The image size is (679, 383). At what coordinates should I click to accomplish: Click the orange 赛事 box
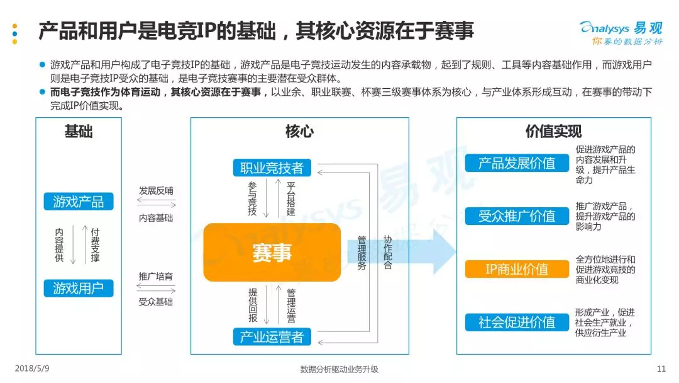pyautogui.click(x=272, y=253)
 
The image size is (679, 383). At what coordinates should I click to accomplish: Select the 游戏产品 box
pyautogui.click(x=79, y=202)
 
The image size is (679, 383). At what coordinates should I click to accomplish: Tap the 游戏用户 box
pyautogui.click(x=79, y=289)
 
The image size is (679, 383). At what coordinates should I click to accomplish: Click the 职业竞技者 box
pyautogui.click(x=272, y=168)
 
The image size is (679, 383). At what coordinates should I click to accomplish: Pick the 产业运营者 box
pyautogui.click(x=272, y=337)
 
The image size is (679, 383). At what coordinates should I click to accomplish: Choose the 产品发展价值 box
pyautogui.click(x=517, y=163)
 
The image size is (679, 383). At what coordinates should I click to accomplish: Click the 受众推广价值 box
pyautogui.click(x=517, y=216)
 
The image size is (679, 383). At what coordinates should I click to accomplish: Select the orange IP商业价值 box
pyautogui.click(x=517, y=269)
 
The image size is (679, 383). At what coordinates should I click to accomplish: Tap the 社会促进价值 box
pyautogui.click(x=517, y=322)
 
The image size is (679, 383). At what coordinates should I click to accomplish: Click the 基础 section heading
pyautogui.click(x=79, y=132)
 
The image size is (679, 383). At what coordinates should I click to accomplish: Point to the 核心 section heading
pyautogui.click(x=299, y=132)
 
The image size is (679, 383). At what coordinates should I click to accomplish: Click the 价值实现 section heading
pyautogui.click(x=553, y=132)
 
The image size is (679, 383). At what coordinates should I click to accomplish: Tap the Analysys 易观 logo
pyautogui.click(x=621, y=33)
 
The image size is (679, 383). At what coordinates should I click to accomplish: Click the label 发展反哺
pyautogui.click(x=156, y=190)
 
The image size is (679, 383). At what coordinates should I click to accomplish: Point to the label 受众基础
pyautogui.click(x=156, y=302)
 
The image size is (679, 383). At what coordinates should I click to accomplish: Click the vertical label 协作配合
pyautogui.click(x=388, y=252)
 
